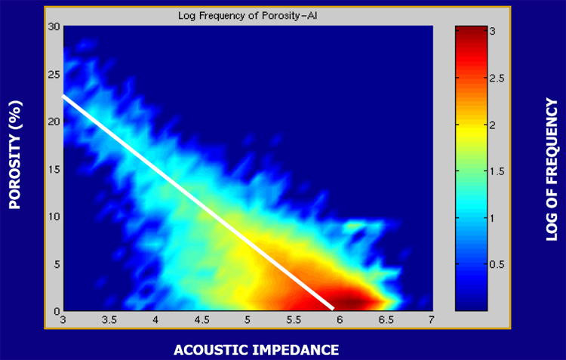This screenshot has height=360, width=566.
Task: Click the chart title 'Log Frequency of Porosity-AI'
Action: coord(248,16)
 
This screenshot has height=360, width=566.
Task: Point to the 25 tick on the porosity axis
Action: coord(54,75)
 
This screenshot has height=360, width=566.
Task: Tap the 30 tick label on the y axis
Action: coord(54,27)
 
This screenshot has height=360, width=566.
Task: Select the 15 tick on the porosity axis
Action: coord(54,169)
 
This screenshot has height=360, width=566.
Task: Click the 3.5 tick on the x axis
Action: coord(109,320)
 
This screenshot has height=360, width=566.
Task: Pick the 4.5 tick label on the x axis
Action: coord(201,320)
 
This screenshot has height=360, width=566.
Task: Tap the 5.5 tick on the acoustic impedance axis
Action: coord(294,320)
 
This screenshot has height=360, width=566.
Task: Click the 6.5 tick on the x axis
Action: coord(386,320)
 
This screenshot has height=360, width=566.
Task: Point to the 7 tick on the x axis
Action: coord(432,320)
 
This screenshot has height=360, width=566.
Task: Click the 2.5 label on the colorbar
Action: coord(497,78)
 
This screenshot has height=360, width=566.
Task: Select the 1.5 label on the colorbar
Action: coord(497,171)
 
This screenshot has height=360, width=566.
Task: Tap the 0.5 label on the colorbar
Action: coord(497,264)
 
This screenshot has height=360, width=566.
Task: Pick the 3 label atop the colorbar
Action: coord(493,32)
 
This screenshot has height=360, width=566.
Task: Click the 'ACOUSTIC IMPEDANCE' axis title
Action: coord(257,350)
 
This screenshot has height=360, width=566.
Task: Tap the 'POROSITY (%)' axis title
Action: coord(15,155)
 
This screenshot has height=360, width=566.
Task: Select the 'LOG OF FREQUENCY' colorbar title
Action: coord(552,169)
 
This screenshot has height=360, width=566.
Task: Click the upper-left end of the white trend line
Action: coord(63,96)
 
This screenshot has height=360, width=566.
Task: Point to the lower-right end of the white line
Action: coord(333,309)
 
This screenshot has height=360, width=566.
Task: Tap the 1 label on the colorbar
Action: coord(493,218)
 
